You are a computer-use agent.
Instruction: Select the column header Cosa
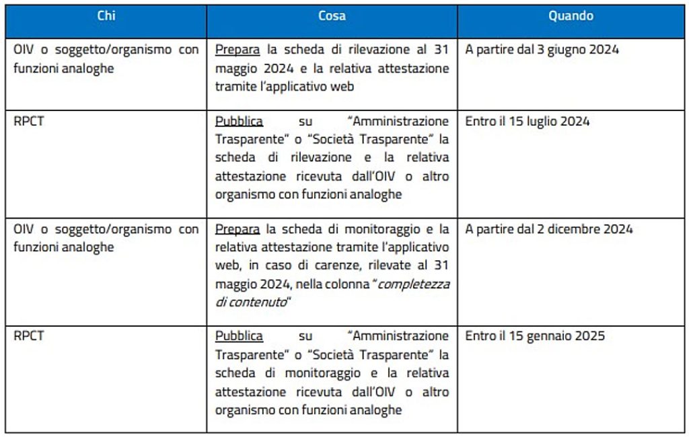[x=332, y=16]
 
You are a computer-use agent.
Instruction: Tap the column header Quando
[x=571, y=16]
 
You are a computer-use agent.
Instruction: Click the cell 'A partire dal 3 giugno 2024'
[x=542, y=50]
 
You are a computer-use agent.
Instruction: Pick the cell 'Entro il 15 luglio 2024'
[x=527, y=122]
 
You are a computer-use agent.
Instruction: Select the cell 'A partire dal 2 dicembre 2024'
[x=548, y=229]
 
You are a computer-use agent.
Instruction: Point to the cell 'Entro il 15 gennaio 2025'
[x=534, y=336]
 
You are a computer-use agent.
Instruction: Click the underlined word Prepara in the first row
[x=239, y=50]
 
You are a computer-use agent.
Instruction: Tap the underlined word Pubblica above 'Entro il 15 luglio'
[x=239, y=122]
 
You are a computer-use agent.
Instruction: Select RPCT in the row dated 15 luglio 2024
[x=28, y=122]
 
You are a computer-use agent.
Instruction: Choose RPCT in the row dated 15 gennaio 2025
[x=28, y=336]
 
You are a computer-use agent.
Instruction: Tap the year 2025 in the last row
[x=590, y=336]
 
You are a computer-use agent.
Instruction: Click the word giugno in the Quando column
[x=568, y=50]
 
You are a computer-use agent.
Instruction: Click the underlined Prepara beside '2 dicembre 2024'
[x=239, y=229]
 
